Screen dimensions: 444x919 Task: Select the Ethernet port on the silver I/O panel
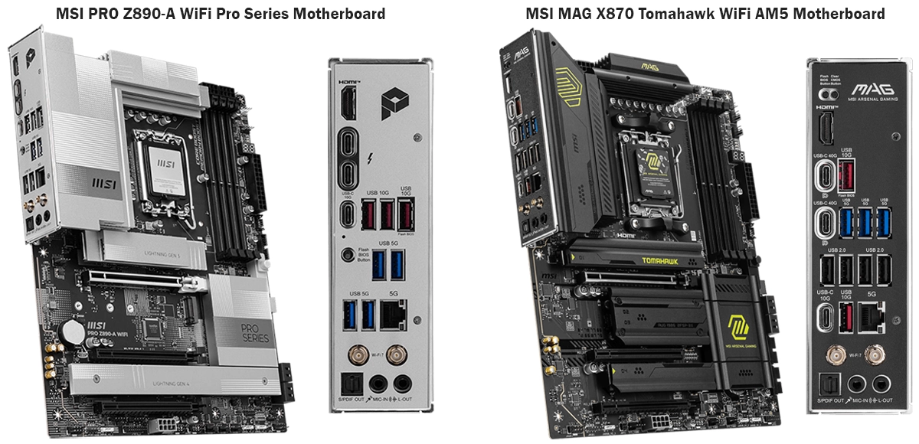coord(395,315)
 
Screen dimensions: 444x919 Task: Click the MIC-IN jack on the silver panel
coord(377,384)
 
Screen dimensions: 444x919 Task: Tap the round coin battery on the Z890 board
coord(74,331)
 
